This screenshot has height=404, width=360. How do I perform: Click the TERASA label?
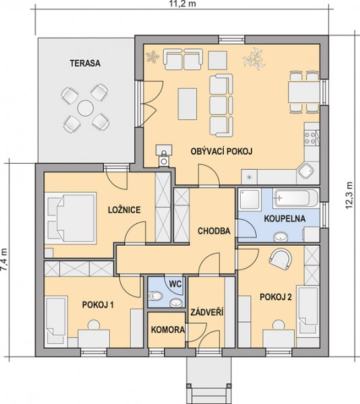(85, 63)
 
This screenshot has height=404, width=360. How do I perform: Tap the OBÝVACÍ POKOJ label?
(221, 151)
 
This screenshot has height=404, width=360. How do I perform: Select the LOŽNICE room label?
(124, 209)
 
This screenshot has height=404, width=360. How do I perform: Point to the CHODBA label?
(214, 231)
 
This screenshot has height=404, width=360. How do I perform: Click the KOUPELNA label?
(284, 218)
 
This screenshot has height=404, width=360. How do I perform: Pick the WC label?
(175, 284)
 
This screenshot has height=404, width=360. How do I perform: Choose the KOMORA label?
(168, 329)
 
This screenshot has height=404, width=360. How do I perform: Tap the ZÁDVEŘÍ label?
(207, 312)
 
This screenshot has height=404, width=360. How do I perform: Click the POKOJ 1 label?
(98, 305)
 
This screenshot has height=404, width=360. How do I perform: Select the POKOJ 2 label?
(276, 297)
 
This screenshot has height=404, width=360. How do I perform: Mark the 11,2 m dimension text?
(183, 3)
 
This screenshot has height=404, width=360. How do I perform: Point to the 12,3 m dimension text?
(349, 195)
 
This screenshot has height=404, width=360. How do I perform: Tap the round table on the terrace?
(86, 108)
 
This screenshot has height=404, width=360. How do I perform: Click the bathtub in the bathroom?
(296, 198)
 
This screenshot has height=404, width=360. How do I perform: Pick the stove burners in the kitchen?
(310, 138)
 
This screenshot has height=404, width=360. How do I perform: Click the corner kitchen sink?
(306, 170)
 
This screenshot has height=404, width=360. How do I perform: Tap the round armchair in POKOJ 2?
(280, 259)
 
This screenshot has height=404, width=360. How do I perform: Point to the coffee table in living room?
(187, 104)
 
